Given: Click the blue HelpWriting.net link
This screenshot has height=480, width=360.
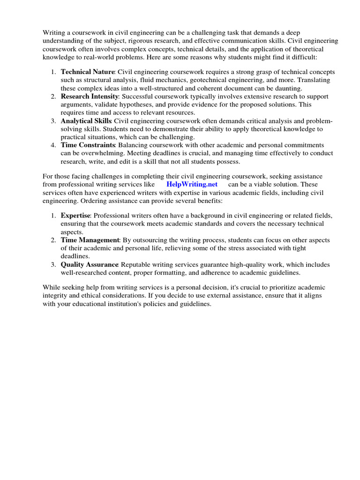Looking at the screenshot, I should (x=192, y=184).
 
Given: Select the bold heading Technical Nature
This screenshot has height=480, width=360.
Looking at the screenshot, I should (x=87, y=72).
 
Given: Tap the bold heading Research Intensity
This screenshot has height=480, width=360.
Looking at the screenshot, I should (x=90, y=96).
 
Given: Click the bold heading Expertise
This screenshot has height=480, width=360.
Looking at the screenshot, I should (x=75, y=215).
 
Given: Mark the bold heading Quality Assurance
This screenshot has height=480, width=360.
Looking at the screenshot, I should (x=90, y=264).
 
